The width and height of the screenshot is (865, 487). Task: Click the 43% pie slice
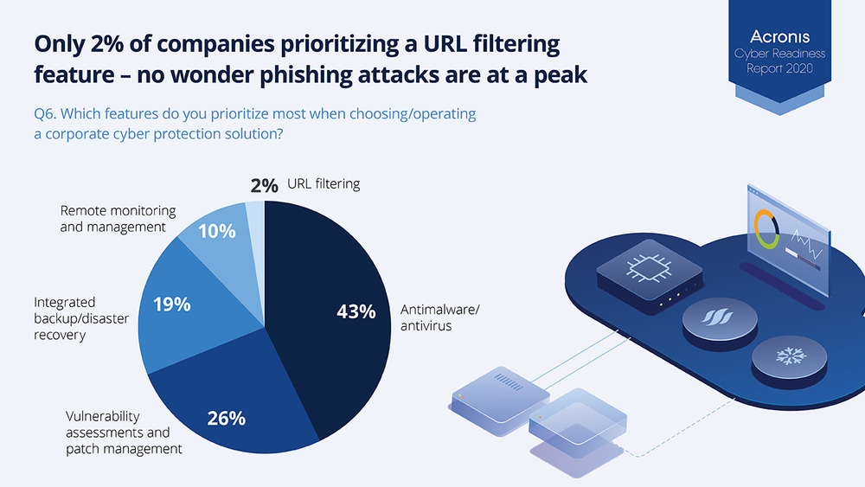coord(325,314)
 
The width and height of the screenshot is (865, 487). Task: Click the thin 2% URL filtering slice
coord(256,232)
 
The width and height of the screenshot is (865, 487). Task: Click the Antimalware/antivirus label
coord(439,317)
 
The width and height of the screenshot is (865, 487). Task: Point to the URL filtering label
coord(324,183)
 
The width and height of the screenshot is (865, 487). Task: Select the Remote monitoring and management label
coord(118,218)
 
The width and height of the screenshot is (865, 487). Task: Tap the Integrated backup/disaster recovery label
coord(81,318)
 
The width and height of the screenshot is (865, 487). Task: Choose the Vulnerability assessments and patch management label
coord(124,433)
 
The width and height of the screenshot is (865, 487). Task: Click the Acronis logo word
coord(779,37)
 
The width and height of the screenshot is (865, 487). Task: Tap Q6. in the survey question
coord(45,113)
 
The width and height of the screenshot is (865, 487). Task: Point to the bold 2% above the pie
coord(264,185)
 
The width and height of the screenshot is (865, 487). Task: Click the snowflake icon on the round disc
coord(791,356)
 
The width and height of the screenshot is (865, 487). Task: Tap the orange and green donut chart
coord(766,229)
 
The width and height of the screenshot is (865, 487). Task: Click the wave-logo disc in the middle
coord(720,320)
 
